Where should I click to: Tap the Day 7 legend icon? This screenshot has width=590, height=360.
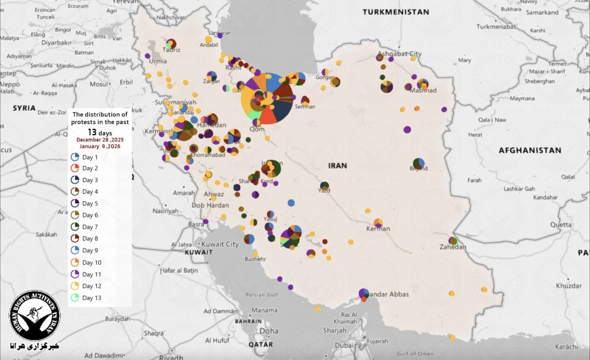[75, 227]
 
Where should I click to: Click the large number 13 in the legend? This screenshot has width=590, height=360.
[92, 133]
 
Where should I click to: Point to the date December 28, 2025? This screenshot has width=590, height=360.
[100, 140]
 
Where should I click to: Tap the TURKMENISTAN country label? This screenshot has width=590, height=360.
[396, 12]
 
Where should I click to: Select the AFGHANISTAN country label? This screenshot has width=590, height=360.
[530, 150]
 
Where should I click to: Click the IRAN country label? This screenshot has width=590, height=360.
[337, 166]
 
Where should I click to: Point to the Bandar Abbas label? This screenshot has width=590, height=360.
[388, 294]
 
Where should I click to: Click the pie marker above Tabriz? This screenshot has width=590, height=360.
[171, 44]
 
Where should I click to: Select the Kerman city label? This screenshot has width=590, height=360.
[378, 229]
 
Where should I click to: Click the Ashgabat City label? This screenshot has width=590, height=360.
[400, 54]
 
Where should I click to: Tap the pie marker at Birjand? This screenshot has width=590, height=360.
[418, 163]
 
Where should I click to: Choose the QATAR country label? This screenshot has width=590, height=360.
[261, 345]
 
